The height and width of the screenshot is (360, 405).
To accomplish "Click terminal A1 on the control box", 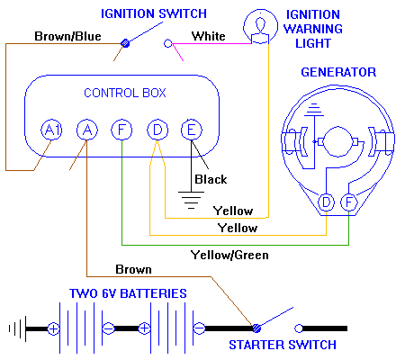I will [51, 130].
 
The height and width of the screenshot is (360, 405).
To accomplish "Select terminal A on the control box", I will [86, 130].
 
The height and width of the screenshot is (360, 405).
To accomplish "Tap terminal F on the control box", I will [121, 130].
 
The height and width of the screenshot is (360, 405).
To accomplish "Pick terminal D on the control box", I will [157, 130].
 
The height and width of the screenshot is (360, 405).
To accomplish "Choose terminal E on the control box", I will [191, 130].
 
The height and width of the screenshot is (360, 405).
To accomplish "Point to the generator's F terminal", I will [348, 203].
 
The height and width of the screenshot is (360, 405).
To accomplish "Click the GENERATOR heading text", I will [338, 72].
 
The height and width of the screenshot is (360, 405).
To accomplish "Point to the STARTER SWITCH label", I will [282, 345].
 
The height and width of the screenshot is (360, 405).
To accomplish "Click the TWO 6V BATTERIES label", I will [128, 294].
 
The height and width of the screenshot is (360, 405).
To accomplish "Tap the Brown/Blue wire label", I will [68, 37].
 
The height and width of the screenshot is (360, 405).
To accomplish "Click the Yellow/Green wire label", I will [229, 256].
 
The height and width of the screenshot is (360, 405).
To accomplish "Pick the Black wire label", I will [211, 179].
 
